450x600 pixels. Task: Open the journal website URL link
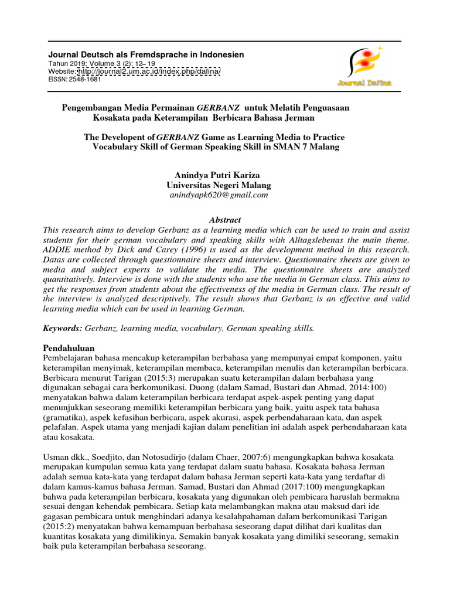click(148, 71)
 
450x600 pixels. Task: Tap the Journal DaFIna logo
click(363, 67)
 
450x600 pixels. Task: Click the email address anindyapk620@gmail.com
click(219, 195)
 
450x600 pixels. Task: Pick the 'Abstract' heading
click(225, 219)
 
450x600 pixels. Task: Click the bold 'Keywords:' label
click(64, 328)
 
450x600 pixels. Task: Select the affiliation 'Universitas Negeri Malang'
click(219, 185)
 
